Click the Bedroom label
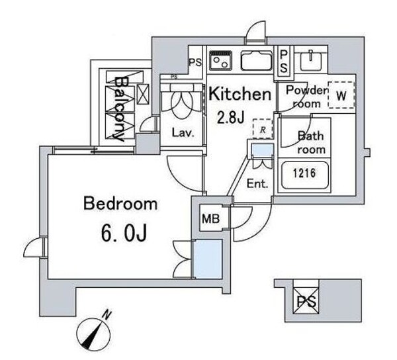tap(120, 204)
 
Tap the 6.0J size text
tap(124, 233)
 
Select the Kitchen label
tap(240, 94)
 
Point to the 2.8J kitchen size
tap(231, 117)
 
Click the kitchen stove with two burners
tap(220, 61)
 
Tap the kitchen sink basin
tap(257, 61)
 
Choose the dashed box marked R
tap(263, 129)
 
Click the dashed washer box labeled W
tap(341, 95)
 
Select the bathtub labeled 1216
tap(304, 175)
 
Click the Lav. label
tap(183, 132)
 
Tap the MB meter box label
tap(210, 218)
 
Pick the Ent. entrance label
tap(257, 183)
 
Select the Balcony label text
tap(120, 109)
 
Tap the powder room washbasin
tap(311, 61)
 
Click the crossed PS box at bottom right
tap(306, 300)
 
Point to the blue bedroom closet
tap(208, 259)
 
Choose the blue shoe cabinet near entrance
tap(263, 151)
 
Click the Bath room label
tap(311, 143)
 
